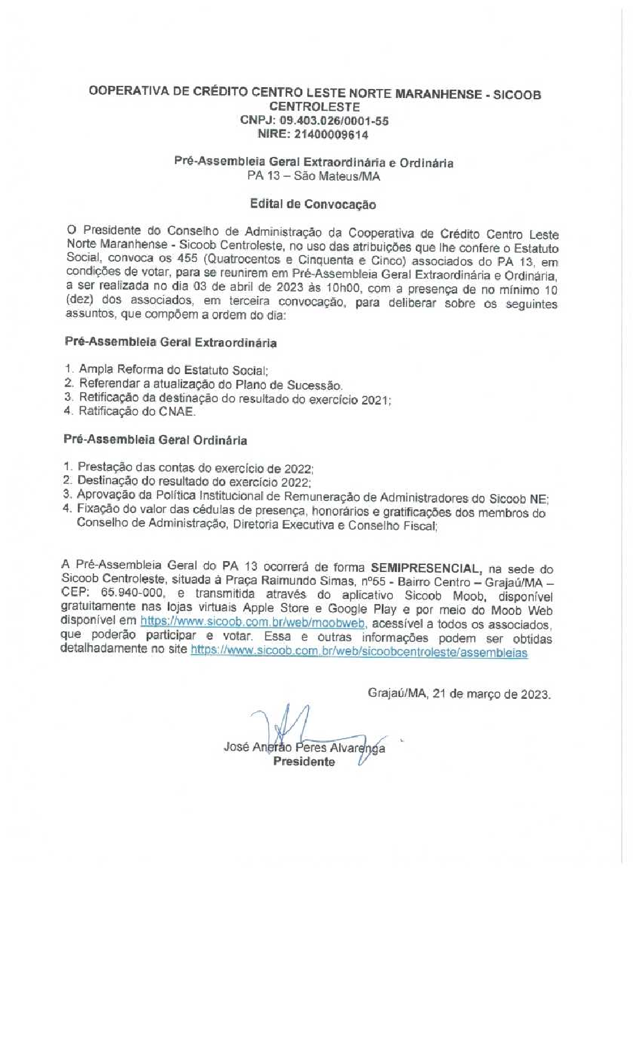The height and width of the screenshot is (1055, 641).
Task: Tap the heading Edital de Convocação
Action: click(313, 204)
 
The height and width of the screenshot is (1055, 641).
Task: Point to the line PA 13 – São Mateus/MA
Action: click(313, 176)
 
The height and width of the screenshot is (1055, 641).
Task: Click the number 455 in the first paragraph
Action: click(187, 259)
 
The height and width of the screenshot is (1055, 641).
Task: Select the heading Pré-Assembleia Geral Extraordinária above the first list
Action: click(171, 343)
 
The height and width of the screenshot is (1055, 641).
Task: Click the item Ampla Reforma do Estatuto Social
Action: click(173, 370)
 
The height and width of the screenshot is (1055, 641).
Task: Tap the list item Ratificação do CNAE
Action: click(137, 411)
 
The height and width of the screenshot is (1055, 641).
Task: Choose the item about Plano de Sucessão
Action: click(210, 384)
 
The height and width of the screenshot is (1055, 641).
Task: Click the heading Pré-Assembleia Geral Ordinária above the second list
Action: click(155, 440)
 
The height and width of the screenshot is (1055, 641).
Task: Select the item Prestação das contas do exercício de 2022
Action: click(195, 468)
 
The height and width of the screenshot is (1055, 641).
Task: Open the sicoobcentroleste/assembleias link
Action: click(359, 652)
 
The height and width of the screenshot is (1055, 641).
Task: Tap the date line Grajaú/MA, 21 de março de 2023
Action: click(459, 694)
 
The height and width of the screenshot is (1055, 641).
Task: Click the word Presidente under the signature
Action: click(304, 762)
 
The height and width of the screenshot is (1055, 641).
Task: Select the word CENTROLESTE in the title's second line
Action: click(314, 107)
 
